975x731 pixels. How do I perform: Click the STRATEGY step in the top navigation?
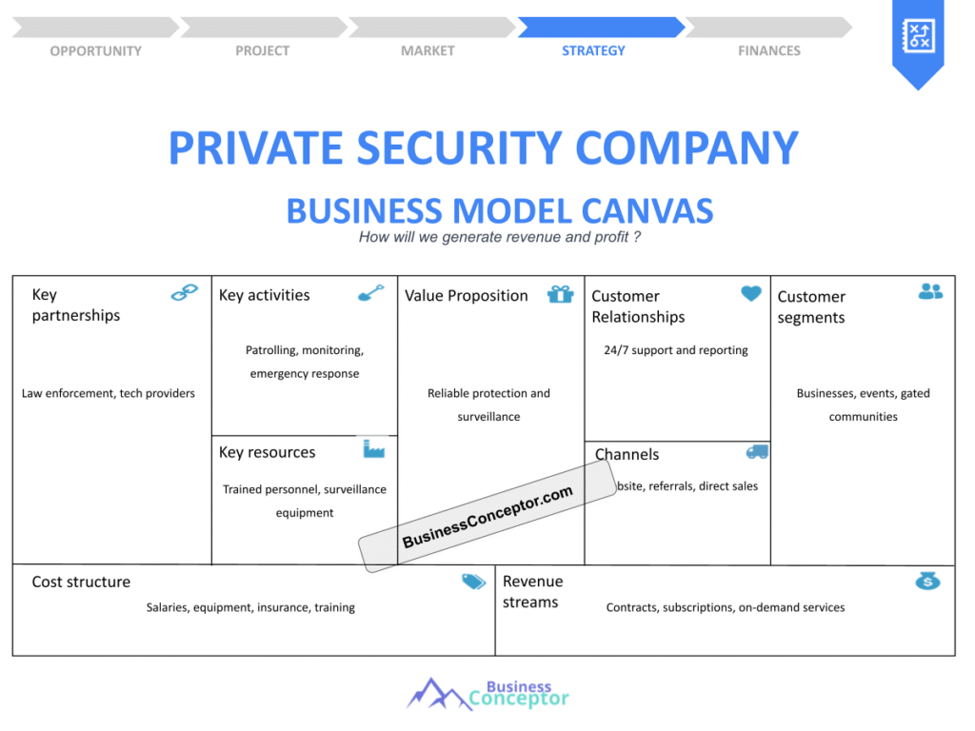coord(593,50)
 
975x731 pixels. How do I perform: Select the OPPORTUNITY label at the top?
coord(95,50)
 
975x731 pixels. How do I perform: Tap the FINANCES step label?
coord(768,50)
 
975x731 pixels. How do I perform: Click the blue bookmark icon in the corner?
coord(917,40)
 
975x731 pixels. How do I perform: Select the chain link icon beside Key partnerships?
coord(184,293)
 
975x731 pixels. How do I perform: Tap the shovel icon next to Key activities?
coord(370,293)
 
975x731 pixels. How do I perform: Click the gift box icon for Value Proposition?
coord(560,294)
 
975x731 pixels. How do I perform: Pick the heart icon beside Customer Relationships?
coord(751,294)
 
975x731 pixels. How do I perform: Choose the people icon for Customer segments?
coord(930,292)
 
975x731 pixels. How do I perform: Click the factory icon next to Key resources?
coord(373,448)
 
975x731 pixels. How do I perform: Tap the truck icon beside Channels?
coord(757,452)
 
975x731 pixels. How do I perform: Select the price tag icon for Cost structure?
coord(473,582)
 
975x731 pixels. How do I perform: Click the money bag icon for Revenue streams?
coord(927,581)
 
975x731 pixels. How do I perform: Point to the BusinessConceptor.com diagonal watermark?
coord(487,517)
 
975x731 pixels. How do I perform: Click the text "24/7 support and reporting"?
coord(676,349)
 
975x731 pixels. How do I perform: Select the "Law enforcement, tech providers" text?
coord(109,393)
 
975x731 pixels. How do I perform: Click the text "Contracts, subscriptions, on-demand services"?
coord(725,607)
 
